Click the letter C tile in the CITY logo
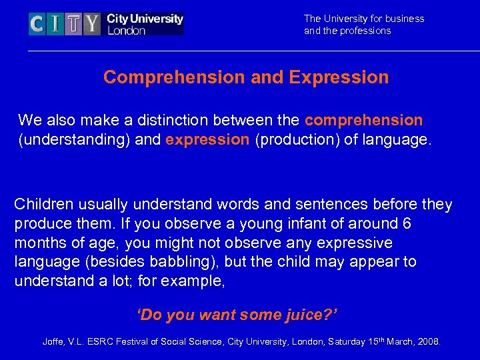point(38,25)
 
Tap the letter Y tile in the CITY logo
point(91,25)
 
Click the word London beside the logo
point(127,31)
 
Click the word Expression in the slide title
point(339,77)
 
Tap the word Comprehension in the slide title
point(174,77)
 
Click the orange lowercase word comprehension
point(363,120)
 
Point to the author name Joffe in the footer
point(54,342)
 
